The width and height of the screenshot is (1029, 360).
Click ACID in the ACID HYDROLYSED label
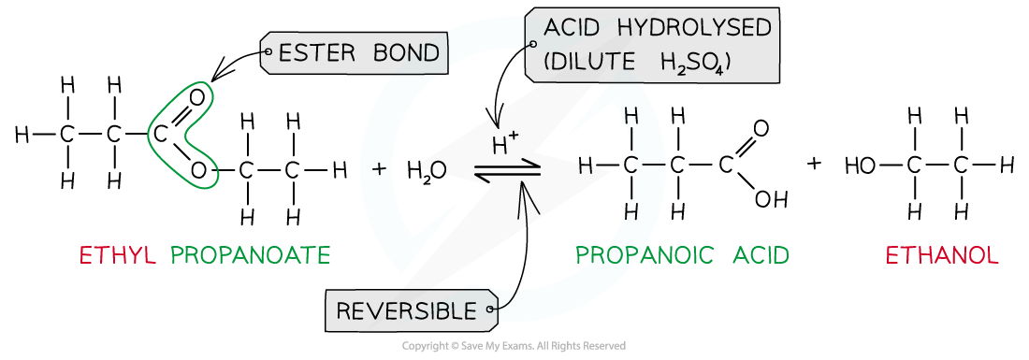[572, 28]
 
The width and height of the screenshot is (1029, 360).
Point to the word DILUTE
[599, 63]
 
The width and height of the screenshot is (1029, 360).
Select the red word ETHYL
[118, 255]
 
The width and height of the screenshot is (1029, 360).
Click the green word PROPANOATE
[251, 255]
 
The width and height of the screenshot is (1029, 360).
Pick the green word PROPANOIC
[644, 255]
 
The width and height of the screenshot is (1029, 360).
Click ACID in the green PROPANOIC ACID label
[755, 255]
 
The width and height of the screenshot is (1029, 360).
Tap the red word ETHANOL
[942, 255]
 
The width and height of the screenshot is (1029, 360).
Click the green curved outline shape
[181, 136]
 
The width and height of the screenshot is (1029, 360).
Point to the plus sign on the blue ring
[379, 169]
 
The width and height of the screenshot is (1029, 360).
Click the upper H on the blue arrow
[631, 117]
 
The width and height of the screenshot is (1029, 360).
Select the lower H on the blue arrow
[631, 212]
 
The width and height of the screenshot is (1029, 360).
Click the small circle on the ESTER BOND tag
[268, 53]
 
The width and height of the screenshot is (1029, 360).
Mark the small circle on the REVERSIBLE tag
[494, 310]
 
